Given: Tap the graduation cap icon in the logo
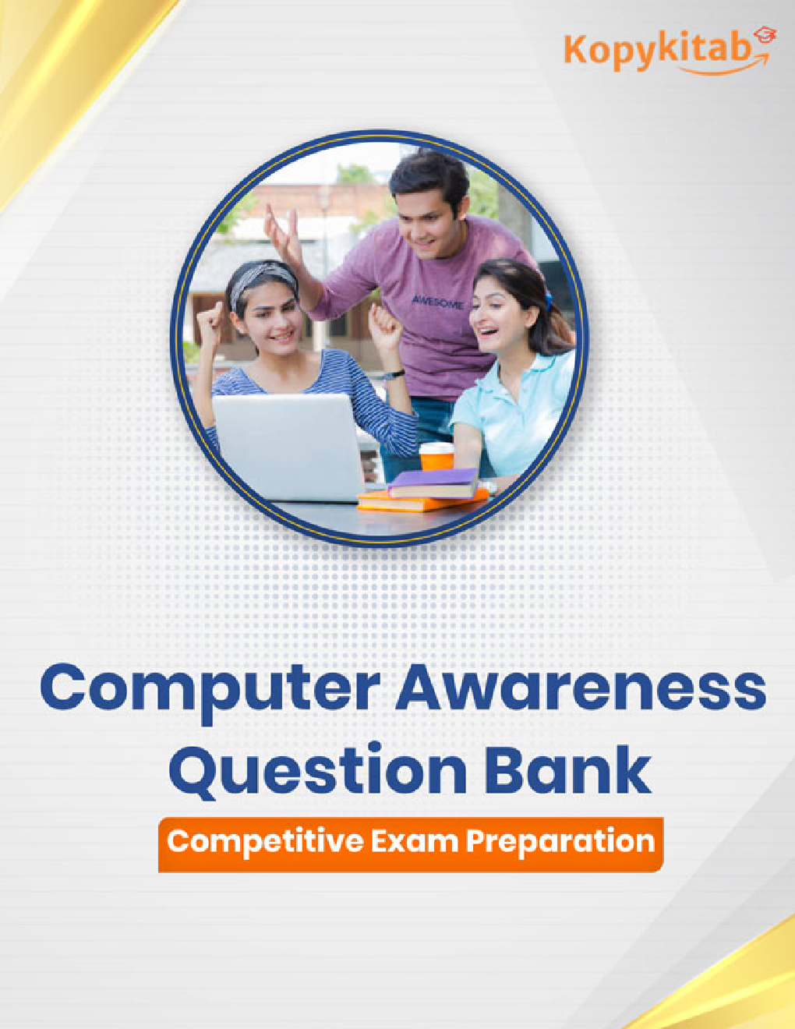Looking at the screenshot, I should point(765,36).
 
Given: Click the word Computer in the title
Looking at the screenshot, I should point(210,688).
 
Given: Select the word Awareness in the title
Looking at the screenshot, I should point(581,688).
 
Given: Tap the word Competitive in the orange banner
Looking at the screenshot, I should point(265,843).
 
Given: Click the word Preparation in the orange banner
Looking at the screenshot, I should point(560,842).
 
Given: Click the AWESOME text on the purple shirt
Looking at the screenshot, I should point(437,302).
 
